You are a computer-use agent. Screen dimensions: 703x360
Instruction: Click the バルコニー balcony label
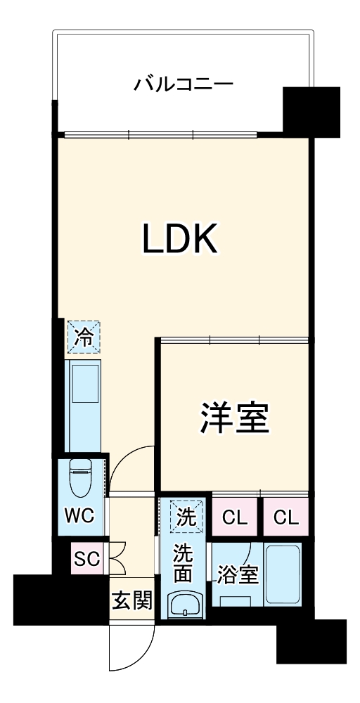tap(184, 86)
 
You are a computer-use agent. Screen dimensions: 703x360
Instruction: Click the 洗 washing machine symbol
tap(186, 517)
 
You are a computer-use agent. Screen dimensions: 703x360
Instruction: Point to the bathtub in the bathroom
tap(283, 573)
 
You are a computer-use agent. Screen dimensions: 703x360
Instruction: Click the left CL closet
tap(235, 519)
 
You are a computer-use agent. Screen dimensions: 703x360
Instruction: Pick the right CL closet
tap(285, 519)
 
